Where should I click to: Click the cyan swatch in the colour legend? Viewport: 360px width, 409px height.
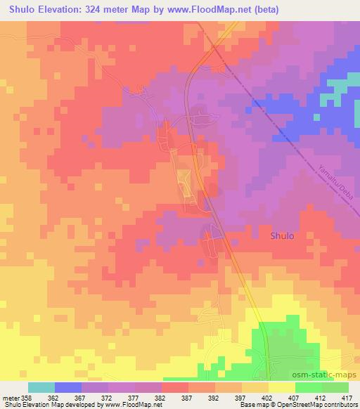point(41,387)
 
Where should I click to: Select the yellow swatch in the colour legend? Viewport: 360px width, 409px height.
point(281,387)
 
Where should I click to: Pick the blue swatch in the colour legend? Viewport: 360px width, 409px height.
point(68,387)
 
